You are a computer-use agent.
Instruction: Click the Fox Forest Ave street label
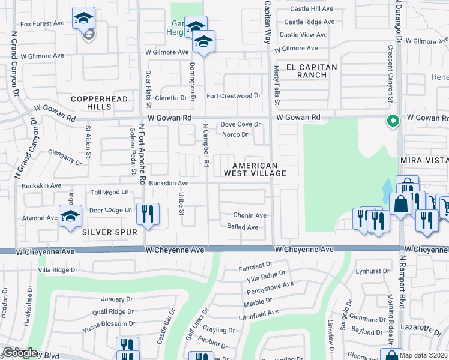[x=42, y=23]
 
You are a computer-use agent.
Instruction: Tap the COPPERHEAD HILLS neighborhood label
[x=91, y=103]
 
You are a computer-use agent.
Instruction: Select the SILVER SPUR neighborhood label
[x=110, y=232]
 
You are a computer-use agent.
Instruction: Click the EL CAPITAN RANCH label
[x=312, y=71]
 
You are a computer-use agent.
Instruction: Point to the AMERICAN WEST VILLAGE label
[x=255, y=169]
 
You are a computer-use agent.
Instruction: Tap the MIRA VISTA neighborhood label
[x=425, y=161]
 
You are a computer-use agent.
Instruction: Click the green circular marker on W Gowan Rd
[x=393, y=121]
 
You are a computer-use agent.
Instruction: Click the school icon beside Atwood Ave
[x=71, y=215]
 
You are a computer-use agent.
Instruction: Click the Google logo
[x=20, y=353]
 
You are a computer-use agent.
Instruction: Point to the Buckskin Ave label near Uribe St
[x=169, y=183]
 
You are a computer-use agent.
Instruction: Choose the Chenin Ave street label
[x=250, y=215]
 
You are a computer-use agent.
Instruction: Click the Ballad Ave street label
[x=243, y=227]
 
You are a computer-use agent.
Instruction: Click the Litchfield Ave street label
[x=258, y=313]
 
